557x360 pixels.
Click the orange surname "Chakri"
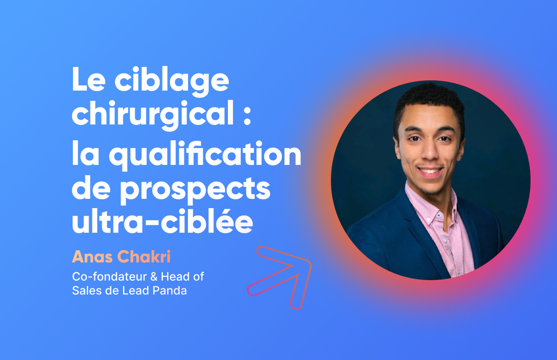click(x=144, y=256)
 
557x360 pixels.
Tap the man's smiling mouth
click(x=431, y=171)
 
